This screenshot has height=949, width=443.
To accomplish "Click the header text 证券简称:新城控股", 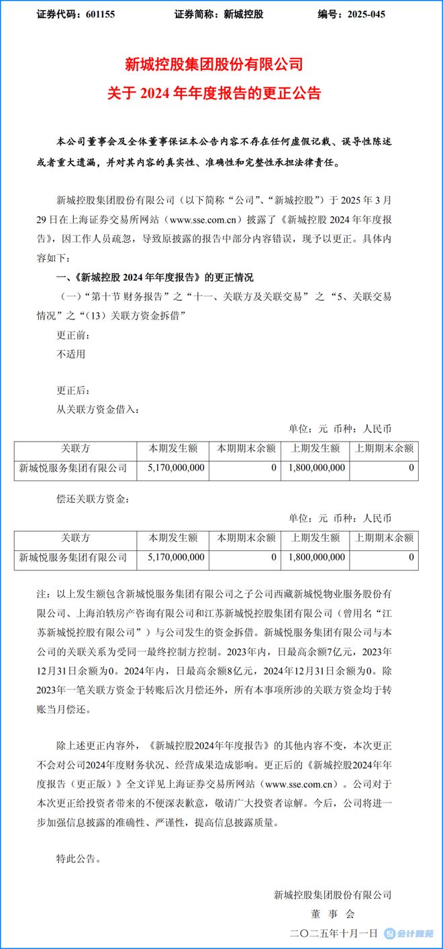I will tap(218, 14).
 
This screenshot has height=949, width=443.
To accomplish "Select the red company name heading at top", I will tap(214, 65).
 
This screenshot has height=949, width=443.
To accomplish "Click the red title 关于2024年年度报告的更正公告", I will tap(214, 93).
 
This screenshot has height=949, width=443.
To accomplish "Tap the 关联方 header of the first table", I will tap(75, 448).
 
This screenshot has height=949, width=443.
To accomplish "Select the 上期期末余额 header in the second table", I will tap(384, 538).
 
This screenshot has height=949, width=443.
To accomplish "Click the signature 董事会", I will tap(333, 913).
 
